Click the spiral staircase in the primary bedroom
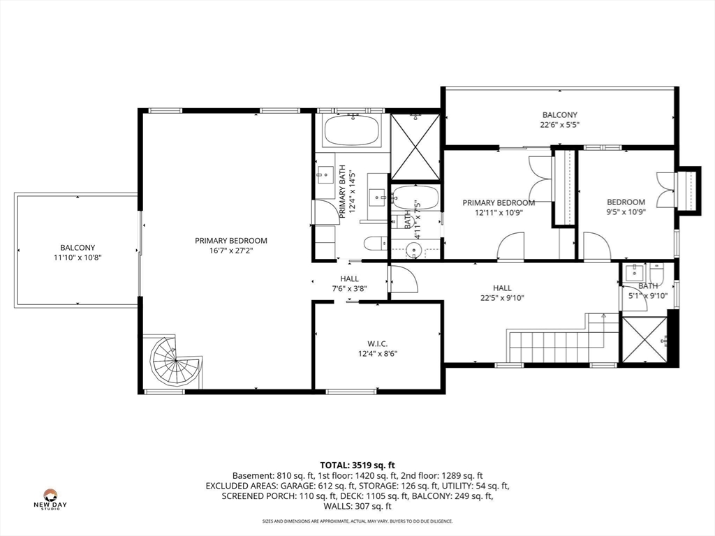tap(175, 362)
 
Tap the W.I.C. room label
tap(378, 343)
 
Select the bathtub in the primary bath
tap(352, 131)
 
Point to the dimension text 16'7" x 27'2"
tap(230, 251)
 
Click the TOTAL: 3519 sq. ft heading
tap(357, 466)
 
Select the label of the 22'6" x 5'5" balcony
tap(559, 120)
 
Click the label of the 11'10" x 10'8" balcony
tap(78, 253)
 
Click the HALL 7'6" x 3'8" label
tap(349, 283)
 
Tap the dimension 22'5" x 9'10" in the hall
tap(502, 298)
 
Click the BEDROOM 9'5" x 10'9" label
tap(626, 207)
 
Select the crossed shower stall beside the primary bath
tap(415, 147)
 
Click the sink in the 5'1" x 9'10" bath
tap(634, 273)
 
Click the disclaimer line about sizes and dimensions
tap(357, 521)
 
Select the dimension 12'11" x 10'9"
tap(499, 212)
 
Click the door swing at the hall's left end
tap(404, 279)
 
